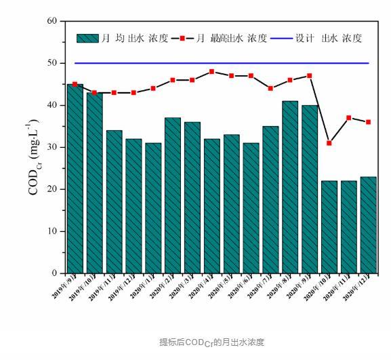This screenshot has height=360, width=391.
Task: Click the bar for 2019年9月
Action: [x=75, y=179]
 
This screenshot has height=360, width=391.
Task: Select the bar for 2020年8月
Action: [x=290, y=187]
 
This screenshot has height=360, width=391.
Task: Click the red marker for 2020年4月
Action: [x=212, y=71]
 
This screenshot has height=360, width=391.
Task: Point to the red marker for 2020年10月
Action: [x=329, y=143]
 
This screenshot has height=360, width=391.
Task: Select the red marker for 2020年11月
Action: [x=349, y=118]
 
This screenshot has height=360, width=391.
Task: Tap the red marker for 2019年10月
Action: [x=94, y=93]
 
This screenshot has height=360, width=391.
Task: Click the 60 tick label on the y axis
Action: [x=52, y=21]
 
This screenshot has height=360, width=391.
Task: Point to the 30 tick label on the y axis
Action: [x=52, y=147]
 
